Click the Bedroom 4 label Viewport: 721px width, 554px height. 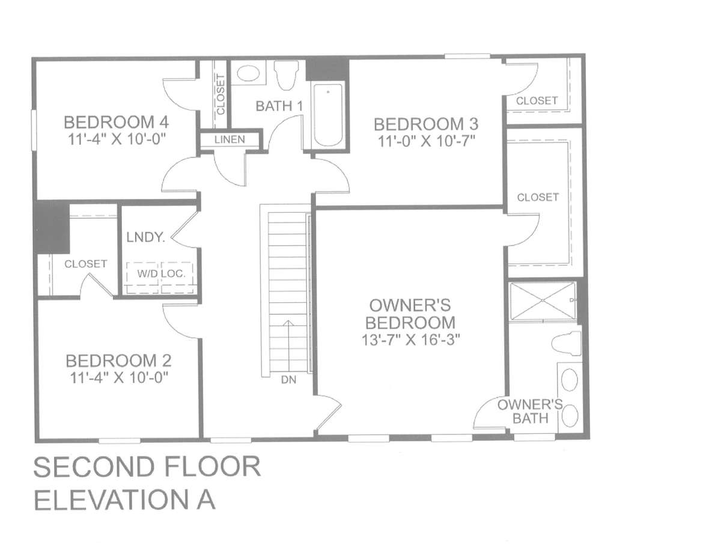click(117, 122)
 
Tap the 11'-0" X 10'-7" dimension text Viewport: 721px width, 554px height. click(427, 142)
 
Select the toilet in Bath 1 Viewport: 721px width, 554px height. click(286, 75)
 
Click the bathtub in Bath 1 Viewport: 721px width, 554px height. click(328, 115)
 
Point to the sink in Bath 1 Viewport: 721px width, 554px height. click(249, 73)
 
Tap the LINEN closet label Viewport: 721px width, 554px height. click(230, 139)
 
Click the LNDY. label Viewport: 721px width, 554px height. click(145, 237)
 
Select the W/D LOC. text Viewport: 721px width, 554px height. click(161, 273)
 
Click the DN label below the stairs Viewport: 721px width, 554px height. click(288, 380)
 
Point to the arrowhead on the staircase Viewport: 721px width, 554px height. click(288, 323)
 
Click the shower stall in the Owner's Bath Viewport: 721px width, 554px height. click(543, 300)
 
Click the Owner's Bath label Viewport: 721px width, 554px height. click(530, 412)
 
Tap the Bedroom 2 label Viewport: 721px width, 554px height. click(118, 361)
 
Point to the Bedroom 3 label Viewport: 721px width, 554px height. click(426, 124)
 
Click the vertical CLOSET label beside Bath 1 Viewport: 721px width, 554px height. click(221, 94)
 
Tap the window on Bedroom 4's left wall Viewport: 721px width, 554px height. click(34, 130)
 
